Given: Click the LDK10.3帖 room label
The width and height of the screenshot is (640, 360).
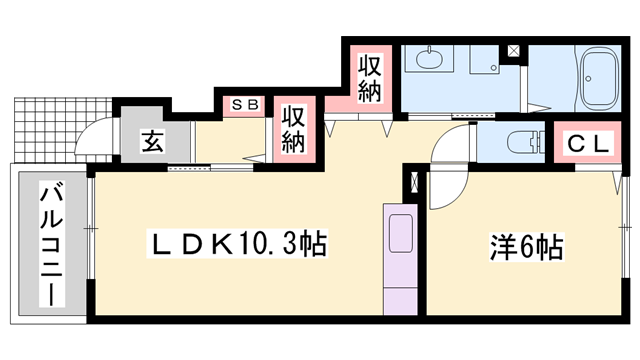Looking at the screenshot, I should [x=240, y=243].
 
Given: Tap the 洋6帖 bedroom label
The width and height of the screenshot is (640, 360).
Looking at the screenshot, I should [x=525, y=243].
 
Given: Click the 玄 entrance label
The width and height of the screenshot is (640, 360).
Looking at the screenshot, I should [x=151, y=141].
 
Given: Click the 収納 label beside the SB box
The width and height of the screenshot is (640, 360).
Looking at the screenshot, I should [x=292, y=128].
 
